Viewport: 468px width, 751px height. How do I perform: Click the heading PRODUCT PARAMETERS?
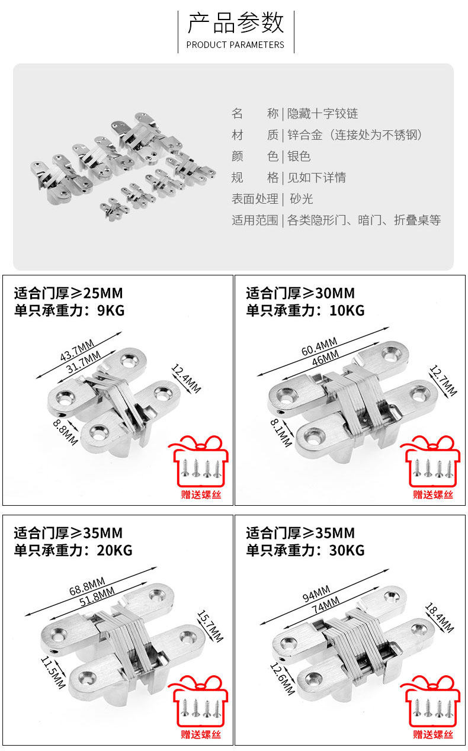tap(235, 44)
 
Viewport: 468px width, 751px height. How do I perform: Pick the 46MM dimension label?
tap(325, 358)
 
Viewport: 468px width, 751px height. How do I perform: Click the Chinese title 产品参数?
tap(236, 22)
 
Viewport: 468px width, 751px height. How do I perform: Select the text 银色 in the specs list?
tap(299, 156)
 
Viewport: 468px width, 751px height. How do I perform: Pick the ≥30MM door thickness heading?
tap(300, 293)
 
